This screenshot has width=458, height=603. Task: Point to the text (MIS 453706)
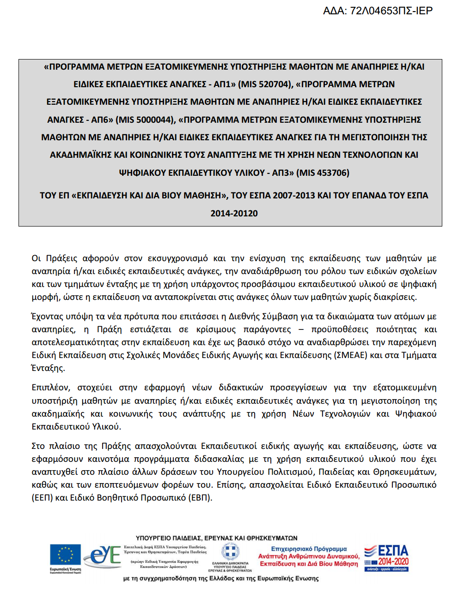click(x=323, y=173)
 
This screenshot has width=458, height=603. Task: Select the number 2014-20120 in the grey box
click(x=234, y=214)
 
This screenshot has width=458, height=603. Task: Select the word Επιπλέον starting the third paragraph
click(x=50, y=388)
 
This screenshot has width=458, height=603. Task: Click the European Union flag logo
click(x=65, y=556)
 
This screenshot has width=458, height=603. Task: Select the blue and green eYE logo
click(x=103, y=555)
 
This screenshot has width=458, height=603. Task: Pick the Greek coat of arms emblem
click(x=230, y=552)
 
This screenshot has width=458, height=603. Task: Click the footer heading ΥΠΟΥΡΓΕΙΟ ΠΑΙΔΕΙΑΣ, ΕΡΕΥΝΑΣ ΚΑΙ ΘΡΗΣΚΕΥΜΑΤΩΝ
click(x=217, y=538)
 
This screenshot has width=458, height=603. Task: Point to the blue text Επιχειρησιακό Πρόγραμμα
click(x=309, y=549)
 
